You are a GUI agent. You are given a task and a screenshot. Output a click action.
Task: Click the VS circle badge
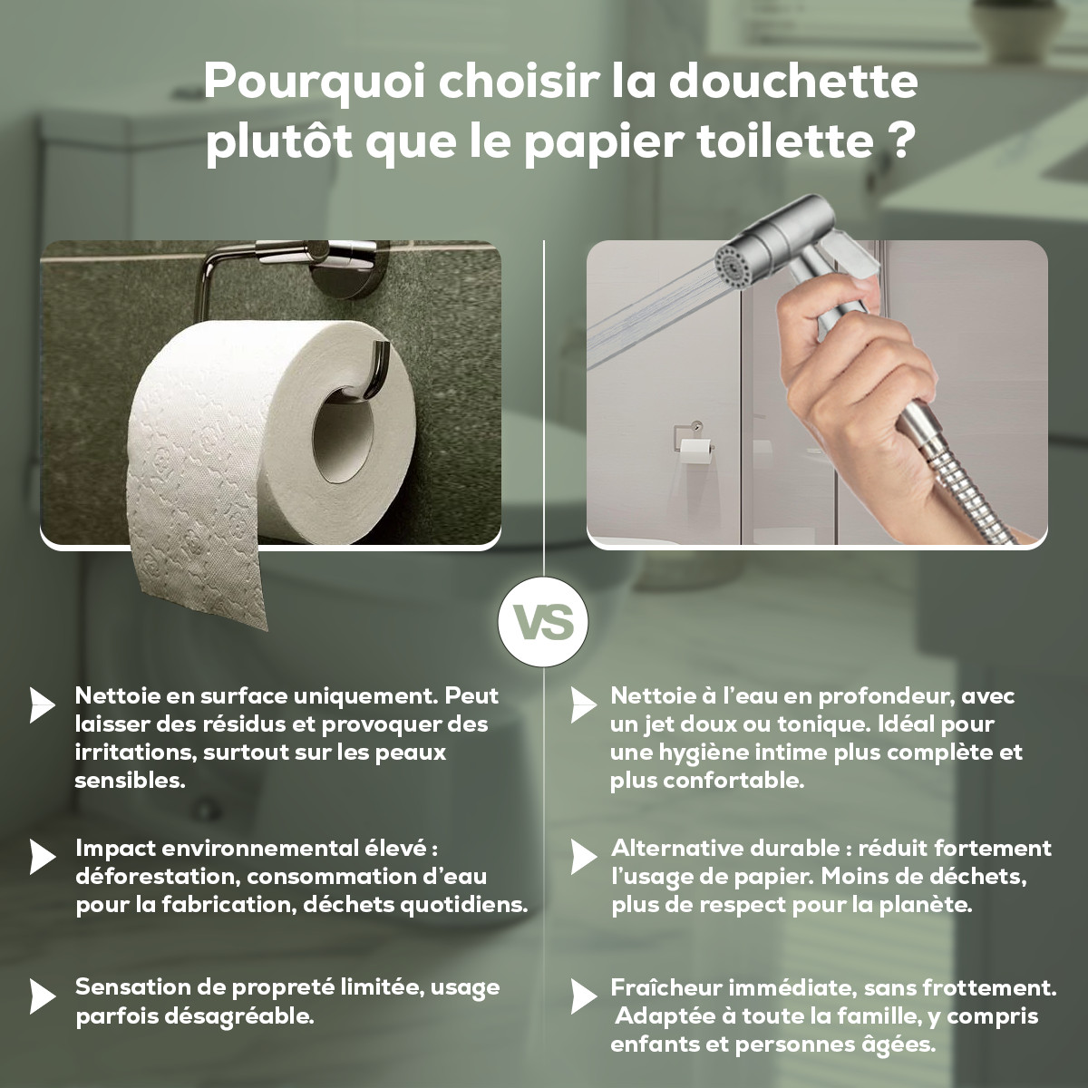point(543,623)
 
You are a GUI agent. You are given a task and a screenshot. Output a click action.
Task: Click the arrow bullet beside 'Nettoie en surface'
point(42,704)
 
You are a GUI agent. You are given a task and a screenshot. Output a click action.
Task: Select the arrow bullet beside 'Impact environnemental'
point(42,856)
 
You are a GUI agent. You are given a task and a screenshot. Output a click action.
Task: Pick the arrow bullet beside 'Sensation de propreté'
point(42,996)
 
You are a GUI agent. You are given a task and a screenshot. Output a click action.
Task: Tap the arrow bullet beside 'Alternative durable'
point(583,856)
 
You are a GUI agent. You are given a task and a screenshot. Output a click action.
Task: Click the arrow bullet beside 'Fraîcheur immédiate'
point(583,996)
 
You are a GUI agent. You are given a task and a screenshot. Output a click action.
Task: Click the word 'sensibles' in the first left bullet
point(130,781)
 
